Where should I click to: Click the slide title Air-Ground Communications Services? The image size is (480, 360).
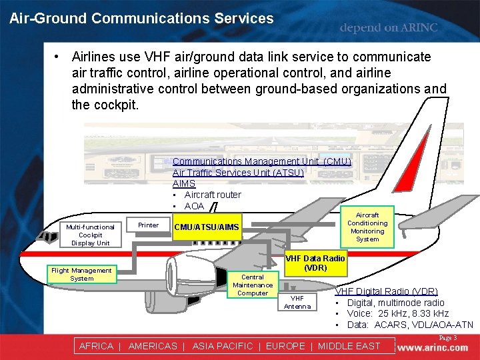tap(141, 19)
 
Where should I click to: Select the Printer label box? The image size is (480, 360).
tap(148, 225)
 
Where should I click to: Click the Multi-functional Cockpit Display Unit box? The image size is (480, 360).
tap(90, 235)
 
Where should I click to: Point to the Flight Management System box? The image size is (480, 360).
tap(81, 274)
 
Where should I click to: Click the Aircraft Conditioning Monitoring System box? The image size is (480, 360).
tap(367, 227)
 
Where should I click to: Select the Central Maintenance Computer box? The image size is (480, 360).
tap(253, 285)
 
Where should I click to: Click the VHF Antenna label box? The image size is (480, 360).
tap(297, 302)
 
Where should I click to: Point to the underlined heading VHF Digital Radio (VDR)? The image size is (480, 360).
tap(386, 291)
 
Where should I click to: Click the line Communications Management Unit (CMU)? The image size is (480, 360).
tap(261, 161)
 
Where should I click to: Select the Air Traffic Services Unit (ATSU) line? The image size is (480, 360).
tap(238, 173)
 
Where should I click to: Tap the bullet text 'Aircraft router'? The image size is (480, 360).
tap(213, 195)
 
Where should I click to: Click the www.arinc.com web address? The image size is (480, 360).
tap(433, 347)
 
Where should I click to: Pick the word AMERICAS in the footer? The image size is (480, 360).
tap(153, 346)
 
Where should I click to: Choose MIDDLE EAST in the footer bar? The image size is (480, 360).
tap(349, 346)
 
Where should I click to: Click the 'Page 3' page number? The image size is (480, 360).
tap(447, 338)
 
